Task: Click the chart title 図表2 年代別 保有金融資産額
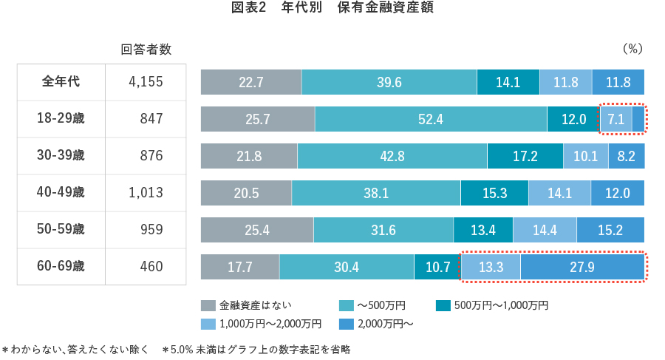[x=332, y=10]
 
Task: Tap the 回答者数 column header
[x=146, y=50]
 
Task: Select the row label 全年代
[x=61, y=81]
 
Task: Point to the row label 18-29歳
[x=61, y=118]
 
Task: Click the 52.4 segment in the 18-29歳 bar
[x=430, y=118]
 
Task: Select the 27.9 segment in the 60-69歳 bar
[x=582, y=267]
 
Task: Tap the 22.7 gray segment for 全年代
[x=251, y=82]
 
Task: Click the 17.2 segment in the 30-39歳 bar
[x=525, y=156]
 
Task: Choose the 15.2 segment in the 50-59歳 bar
[x=610, y=230]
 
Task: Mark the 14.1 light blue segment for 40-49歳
[x=559, y=193]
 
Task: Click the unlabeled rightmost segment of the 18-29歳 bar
[x=638, y=118]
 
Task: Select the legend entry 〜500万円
[x=378, y=305]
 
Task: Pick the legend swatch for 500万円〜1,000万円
[x=443, y=305]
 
